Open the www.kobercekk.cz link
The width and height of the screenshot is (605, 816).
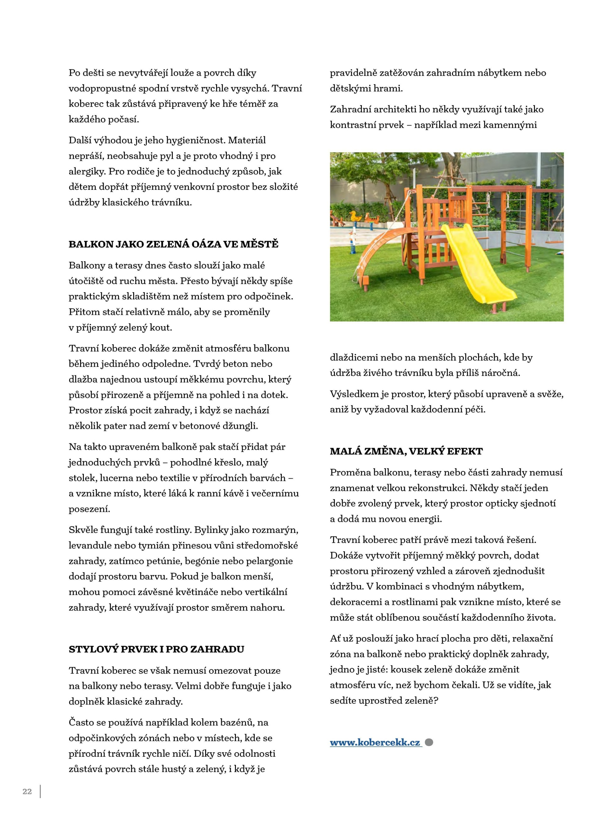pyautogui.click(x=375, y=743)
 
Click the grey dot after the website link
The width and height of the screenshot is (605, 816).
pyautogui.click(x=429, y=743)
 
